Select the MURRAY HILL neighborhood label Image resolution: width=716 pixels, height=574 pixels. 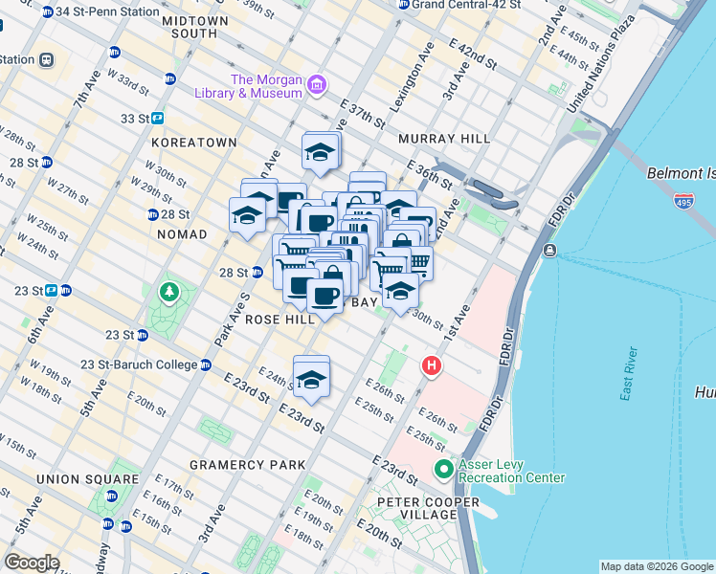[444, 139]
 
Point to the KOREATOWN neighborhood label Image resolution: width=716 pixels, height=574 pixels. [192, 143]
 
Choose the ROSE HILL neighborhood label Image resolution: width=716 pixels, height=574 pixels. [280, 320]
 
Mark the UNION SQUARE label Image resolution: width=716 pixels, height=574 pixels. [77, 478]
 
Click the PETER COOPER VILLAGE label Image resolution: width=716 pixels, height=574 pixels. [416, 508]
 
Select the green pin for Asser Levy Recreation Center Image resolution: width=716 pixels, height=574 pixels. [442, 470]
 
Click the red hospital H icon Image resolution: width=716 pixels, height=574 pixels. [432, 365]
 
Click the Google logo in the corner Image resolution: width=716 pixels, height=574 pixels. [32, 563]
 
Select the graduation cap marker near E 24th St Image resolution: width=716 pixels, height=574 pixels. [311, 378]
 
